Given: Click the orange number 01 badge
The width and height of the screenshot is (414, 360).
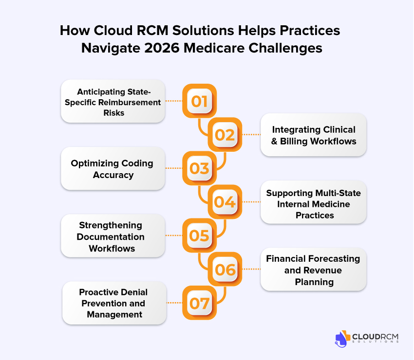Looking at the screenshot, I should pyautogui.click(x=199, y=101).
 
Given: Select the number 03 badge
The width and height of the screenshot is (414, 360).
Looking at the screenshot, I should pyautogui.click(x=199, y=168).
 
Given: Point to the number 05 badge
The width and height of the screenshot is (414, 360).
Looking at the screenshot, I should pyautogui.click(x=199, y=235).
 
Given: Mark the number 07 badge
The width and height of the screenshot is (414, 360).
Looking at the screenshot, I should pyautogui.click(x=199, y=303).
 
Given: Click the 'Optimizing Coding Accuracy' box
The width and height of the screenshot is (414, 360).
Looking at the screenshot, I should pyautogui.click(x=113, y=169).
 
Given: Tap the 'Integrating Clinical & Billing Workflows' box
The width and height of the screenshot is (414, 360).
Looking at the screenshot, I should pyautogui.click(x=313, y=135).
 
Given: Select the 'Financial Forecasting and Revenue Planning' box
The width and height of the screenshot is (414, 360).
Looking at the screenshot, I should pyautogui.click(x=313, y=270).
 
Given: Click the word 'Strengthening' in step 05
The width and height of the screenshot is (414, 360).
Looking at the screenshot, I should pyautogui.click(x=111, y=225).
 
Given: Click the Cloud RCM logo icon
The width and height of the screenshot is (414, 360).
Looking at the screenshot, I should pyautogui.click(x=343, y=339).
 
